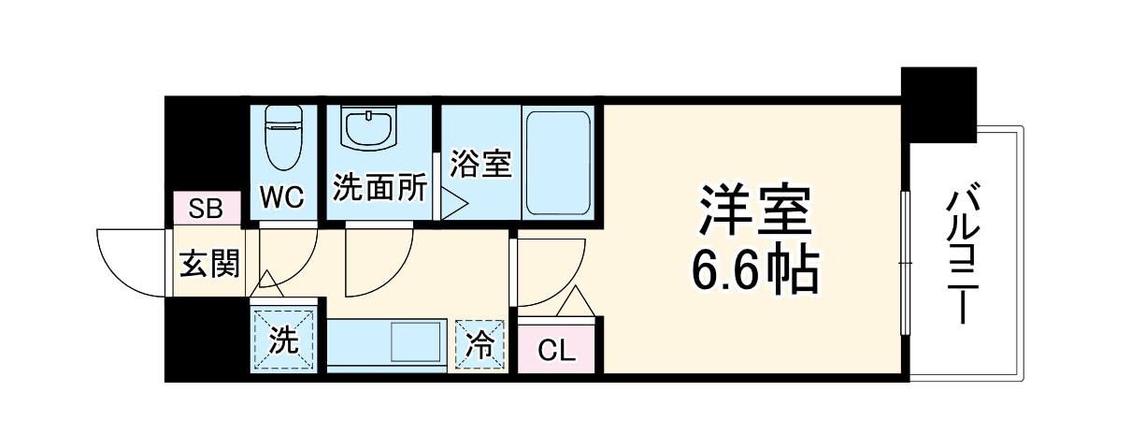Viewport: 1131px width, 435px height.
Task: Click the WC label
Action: click(281, 198)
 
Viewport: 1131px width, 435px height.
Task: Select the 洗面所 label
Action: click(379, 188)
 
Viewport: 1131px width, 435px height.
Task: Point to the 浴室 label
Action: click(480, 164)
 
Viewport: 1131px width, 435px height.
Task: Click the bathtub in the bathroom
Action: click(556, 163)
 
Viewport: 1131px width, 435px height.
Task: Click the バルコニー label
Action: click(963, 254)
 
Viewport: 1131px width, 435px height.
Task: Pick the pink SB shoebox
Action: click(206, 209)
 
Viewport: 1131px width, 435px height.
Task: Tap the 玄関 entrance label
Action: click(208, 265)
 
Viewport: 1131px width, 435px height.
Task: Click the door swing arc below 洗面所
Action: click(379, 262)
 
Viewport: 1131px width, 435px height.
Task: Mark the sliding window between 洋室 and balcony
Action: click(904, 262)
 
